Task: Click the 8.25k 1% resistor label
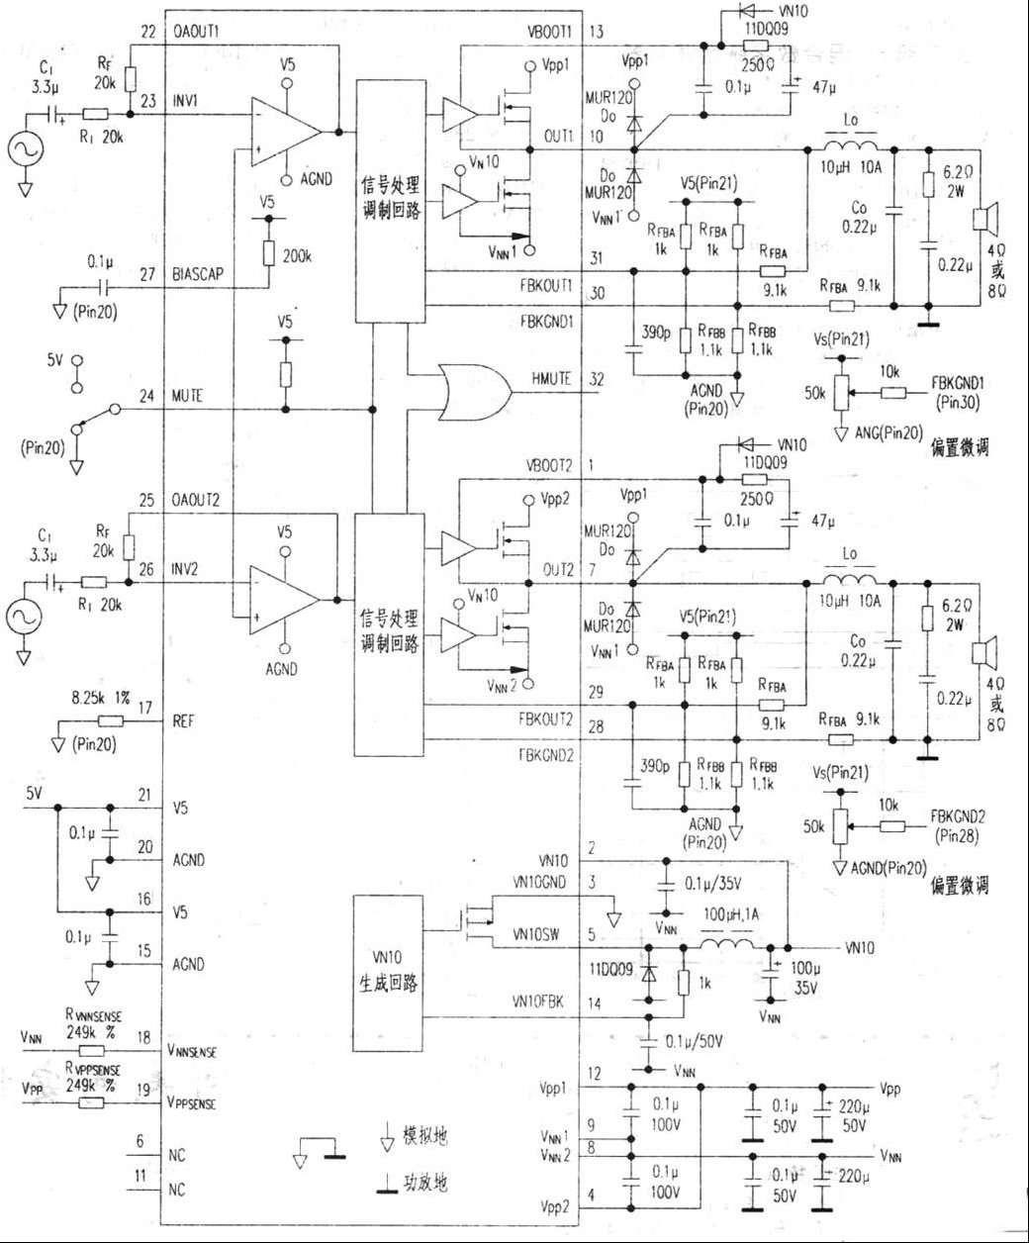pos(100,698)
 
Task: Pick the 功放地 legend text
pos(428,1181)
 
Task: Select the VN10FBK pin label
pos(539,1002)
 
